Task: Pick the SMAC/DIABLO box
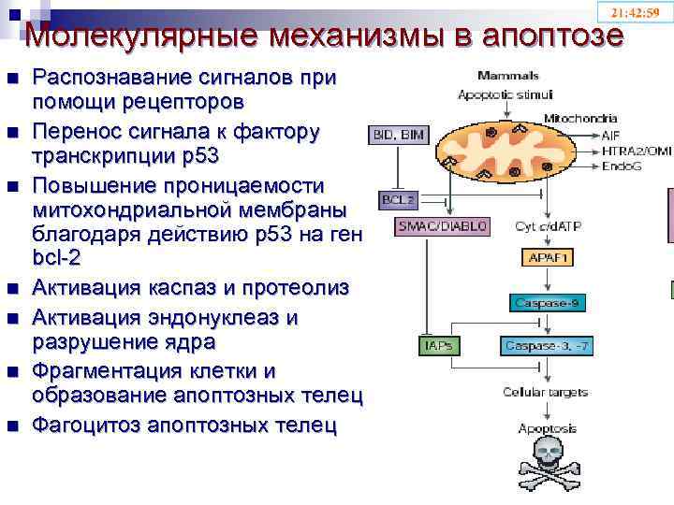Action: pos(430,225)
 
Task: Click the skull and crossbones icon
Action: pos(543,465)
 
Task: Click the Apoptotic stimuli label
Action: pos(505,94)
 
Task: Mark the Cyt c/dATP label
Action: pos(549,225)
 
